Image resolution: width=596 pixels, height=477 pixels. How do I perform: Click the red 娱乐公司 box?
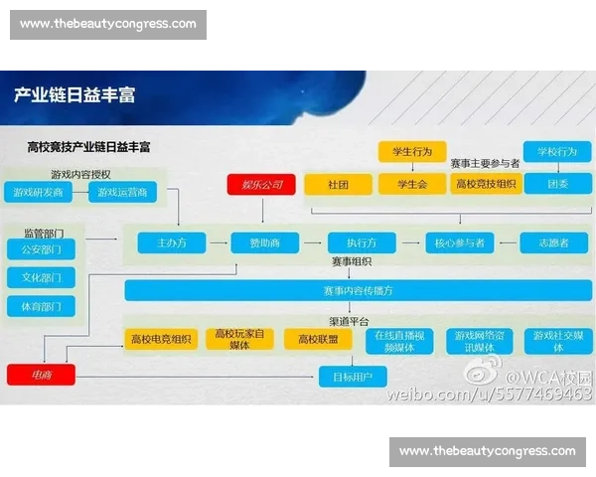pos(262,185)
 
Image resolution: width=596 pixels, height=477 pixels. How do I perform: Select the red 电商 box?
pos(41,376)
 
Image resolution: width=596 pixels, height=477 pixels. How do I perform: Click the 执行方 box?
pos(361,242)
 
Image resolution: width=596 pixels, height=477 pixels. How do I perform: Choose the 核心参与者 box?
pos(458,242)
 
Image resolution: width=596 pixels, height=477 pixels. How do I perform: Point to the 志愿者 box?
pos(553,242)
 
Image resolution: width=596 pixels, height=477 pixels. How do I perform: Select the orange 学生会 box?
pos(411,184)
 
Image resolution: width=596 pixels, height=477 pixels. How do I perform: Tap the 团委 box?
pos(557,184)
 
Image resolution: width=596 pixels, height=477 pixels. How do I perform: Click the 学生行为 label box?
pos(411,152)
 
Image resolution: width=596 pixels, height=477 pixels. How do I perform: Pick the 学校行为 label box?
pos(556,152)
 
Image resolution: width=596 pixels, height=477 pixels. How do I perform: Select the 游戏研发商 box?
pos(39,192)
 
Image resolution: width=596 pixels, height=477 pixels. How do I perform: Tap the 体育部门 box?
pos(41,307)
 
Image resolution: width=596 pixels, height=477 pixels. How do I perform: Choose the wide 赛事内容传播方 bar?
pos(358,291)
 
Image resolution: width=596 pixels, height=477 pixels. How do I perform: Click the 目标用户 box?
pos(352,377)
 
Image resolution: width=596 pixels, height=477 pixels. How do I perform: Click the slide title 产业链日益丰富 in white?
pos(74,95)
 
